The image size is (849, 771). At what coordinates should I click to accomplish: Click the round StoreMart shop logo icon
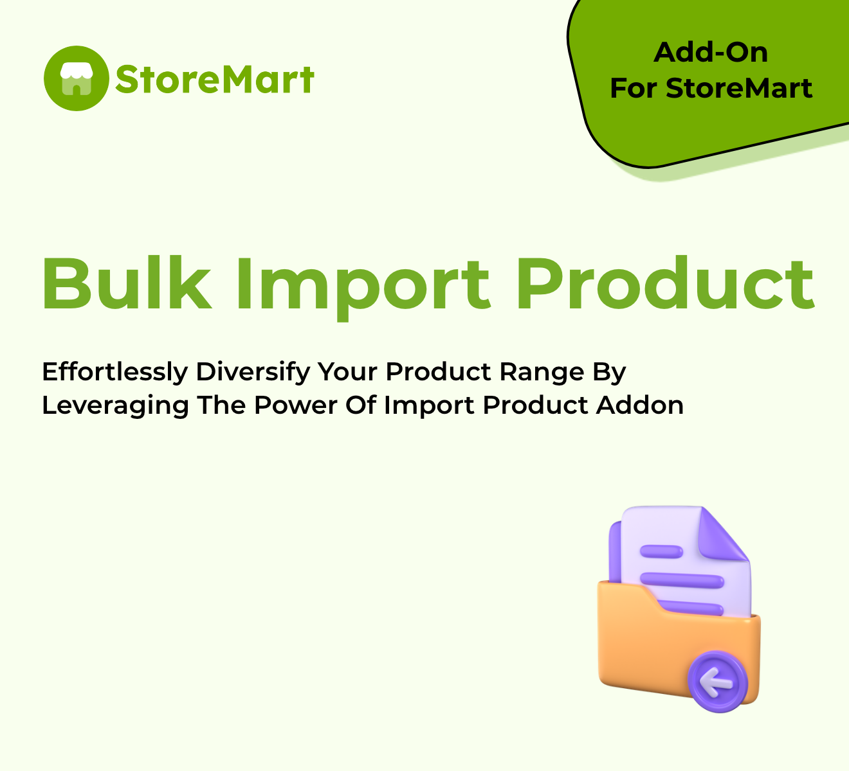(x=77, y=78)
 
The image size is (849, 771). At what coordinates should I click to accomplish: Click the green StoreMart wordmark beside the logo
(x=215, y=79)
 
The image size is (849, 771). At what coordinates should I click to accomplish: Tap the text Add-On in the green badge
(x=711, y=53)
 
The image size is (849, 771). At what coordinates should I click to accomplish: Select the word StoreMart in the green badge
(x=739, y=89)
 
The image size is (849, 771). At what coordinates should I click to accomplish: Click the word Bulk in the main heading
(x=126, y=283)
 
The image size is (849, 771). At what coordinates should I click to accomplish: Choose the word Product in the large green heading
(x=666, y=283)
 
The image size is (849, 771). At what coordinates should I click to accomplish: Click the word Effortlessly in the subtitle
(x=114, y=373)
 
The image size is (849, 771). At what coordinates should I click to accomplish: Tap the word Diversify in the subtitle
(x=253, y=373)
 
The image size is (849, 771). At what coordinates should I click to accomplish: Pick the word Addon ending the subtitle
(x=640, y=405)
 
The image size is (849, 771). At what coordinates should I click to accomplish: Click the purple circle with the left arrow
(x=717, y=681)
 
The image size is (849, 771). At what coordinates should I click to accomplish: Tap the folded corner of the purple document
(x=723, y=535)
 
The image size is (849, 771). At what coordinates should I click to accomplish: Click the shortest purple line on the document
(x=661, y=551)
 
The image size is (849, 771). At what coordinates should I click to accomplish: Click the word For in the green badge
(x=634, y=89)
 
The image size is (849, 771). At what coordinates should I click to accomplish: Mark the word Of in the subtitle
(x=361, y=405)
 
